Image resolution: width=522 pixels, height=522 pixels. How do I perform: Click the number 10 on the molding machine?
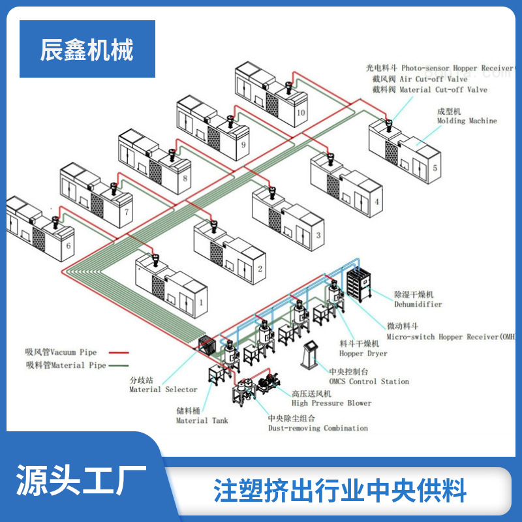[300, 112]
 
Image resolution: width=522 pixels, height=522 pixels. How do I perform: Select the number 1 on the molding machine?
[201, 304]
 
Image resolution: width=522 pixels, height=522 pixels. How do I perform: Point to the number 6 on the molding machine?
[68, 247]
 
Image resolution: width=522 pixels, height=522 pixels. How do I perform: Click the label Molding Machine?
[467, 121]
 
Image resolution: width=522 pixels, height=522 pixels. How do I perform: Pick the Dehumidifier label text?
[418, 304]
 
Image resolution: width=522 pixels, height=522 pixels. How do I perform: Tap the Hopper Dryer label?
[363, 353]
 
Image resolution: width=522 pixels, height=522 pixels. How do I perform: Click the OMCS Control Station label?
[369, 381]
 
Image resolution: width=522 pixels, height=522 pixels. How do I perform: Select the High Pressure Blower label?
[331, 403]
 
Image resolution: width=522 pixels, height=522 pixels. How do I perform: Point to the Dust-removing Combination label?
[318, 428]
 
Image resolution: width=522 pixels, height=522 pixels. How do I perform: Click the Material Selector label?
[163, 390]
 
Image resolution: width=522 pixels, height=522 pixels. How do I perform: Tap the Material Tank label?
[202, 420]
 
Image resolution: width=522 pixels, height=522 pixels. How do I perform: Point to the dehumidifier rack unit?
[360, 283]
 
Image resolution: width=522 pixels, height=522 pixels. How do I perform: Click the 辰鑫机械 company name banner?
[87, 50]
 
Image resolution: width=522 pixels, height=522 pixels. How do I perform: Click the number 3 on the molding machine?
[318, 235]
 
